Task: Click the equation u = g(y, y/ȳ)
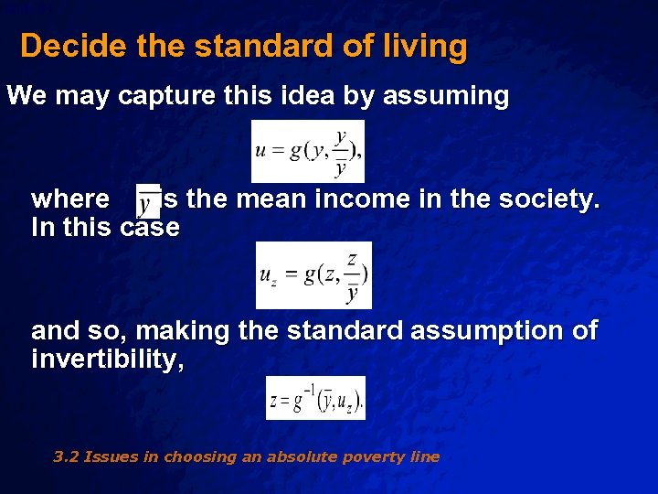308,151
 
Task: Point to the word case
150,227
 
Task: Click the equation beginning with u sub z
313,275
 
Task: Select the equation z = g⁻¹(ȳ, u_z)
315,398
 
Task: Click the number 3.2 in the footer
66,456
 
